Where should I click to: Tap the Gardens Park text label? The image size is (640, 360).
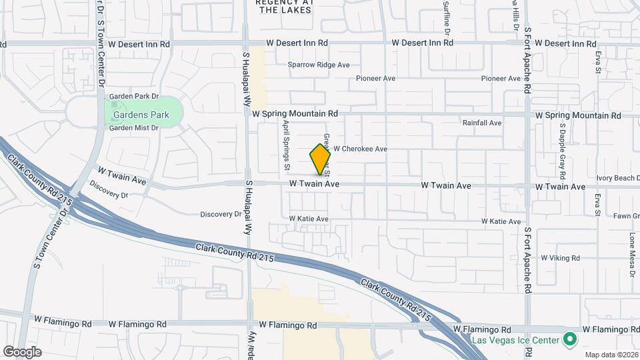pyautogui.click(x=140, y=115)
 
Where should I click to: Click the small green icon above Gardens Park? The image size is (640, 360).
pyautogui.click(x=114, y=104)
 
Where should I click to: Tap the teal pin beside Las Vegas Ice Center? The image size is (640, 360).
pyautogui.click(x=569, y=340)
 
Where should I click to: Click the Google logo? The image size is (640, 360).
pyautogui.click(x=22, y=352)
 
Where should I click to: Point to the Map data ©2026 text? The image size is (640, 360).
pyautogui.click(x=611, y=355)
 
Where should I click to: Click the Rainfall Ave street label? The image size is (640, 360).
pyautogui.click(x=482, y=123)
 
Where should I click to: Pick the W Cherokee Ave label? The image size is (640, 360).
pyautogui.click(x=360, y=149)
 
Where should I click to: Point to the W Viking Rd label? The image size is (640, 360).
pyautogui.click(x=560, y=257)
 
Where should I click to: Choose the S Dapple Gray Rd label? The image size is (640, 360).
pyautogui.click(x=562, y=146)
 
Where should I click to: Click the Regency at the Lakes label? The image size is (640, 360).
pyautogui.click(x=285, y=6)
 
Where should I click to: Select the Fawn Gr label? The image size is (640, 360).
pyautogui.click(x=627, y=216)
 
